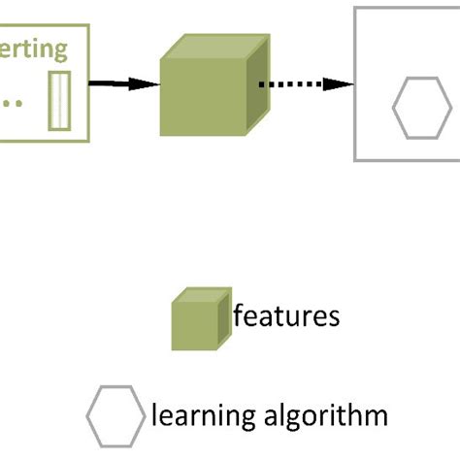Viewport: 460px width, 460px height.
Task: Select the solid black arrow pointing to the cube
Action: click(x=116, y=84)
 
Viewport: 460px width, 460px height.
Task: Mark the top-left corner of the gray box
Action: click(x=355, y=9)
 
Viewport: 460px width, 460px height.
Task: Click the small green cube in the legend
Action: click(x=201, y=319)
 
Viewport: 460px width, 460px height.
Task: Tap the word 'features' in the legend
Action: click(x=286, y=316)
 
